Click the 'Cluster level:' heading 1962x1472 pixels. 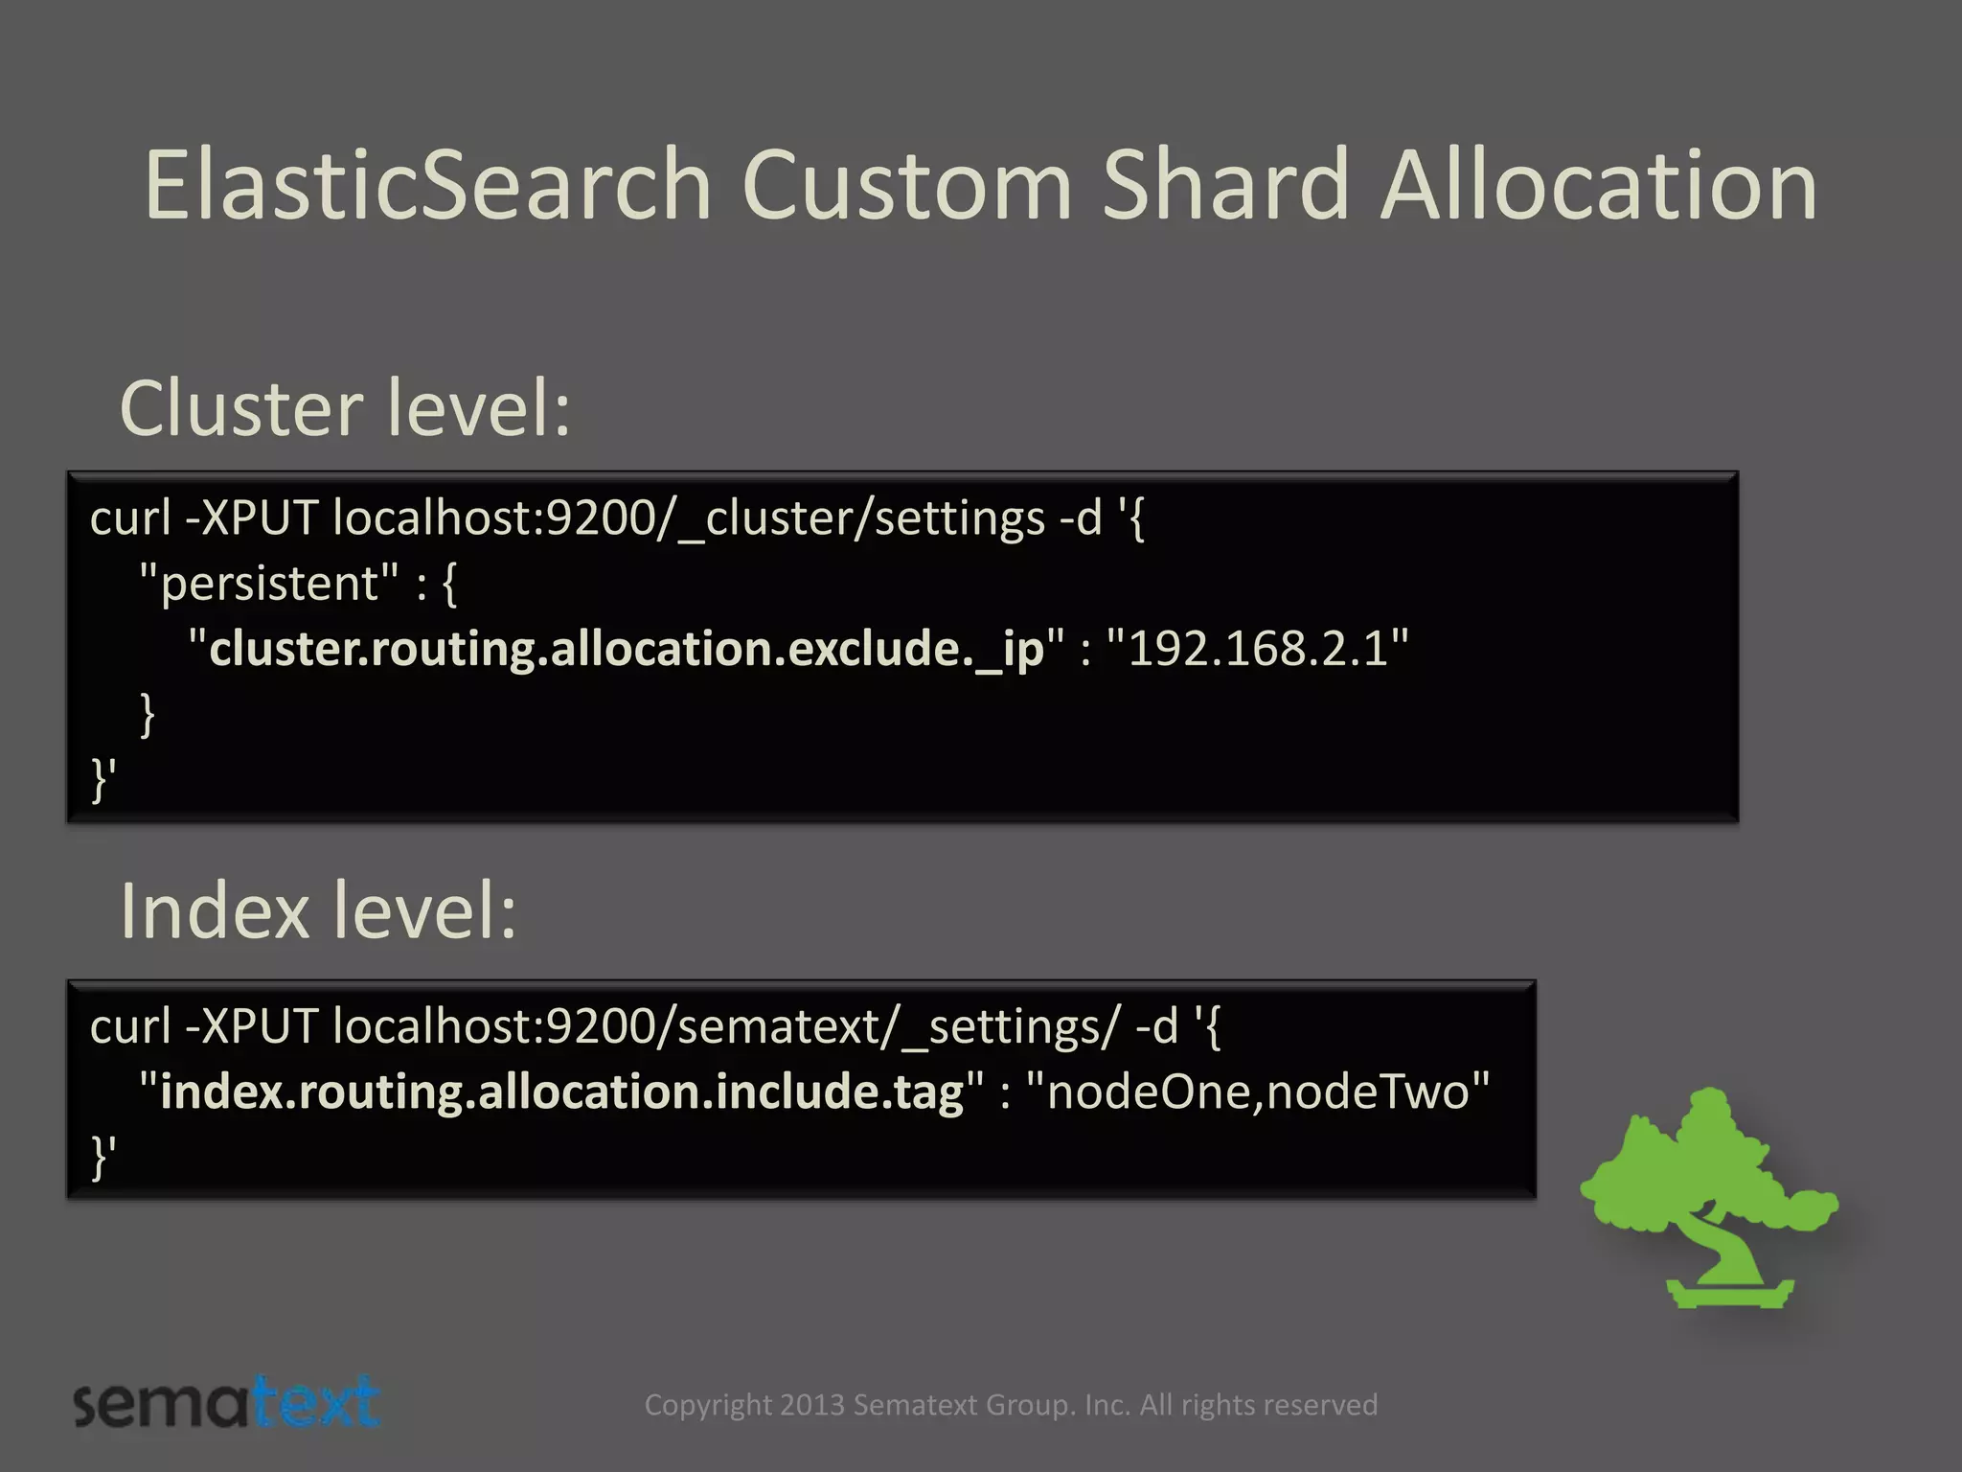coord(345,409)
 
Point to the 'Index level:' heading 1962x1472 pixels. coord(318,911)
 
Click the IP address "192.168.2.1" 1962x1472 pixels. coord(1257,649)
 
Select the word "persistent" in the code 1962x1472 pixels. coord(269,584)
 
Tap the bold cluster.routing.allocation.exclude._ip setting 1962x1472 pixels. coord(626,649)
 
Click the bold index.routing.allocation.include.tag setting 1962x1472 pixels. coord(561,1092)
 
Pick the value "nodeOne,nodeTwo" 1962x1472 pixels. coord(1257,1092)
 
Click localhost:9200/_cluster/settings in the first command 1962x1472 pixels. coord(688,519)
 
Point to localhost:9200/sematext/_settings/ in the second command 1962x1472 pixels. coord(725,1027)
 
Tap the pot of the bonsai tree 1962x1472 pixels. coord(1728,1291)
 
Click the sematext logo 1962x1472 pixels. coord(226,1403)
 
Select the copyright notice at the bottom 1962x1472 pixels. coord(1011,1405)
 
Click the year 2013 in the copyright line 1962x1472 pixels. coord(811,1405)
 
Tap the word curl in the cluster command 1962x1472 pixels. coord(130,519)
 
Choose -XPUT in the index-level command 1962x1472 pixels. coord(251,1027)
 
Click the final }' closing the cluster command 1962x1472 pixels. coord(103,778)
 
